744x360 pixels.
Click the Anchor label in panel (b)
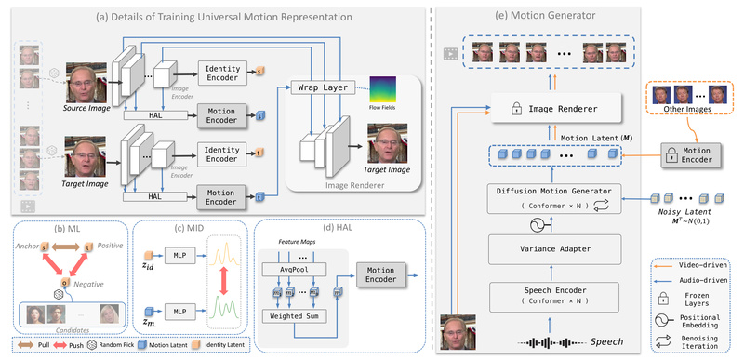[28, 245]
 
